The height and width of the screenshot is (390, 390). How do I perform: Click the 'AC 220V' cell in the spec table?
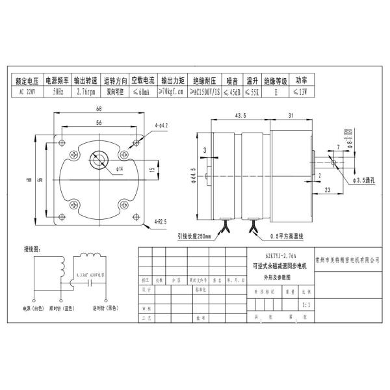coord(27,92)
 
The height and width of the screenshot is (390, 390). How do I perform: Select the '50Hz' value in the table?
coord(58,92)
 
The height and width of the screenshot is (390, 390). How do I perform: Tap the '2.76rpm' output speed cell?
coord(86,92)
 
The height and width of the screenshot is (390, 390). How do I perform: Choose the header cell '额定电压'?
coord(27,82)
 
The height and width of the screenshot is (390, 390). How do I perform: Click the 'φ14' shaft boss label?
coord(120,170)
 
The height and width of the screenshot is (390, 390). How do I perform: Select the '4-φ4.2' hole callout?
coord(162,125)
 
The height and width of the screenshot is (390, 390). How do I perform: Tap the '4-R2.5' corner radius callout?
coord(162,221)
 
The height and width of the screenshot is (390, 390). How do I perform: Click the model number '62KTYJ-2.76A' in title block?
coord(279,257)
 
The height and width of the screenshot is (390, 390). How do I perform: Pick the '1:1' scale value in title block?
coord(307,304)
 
